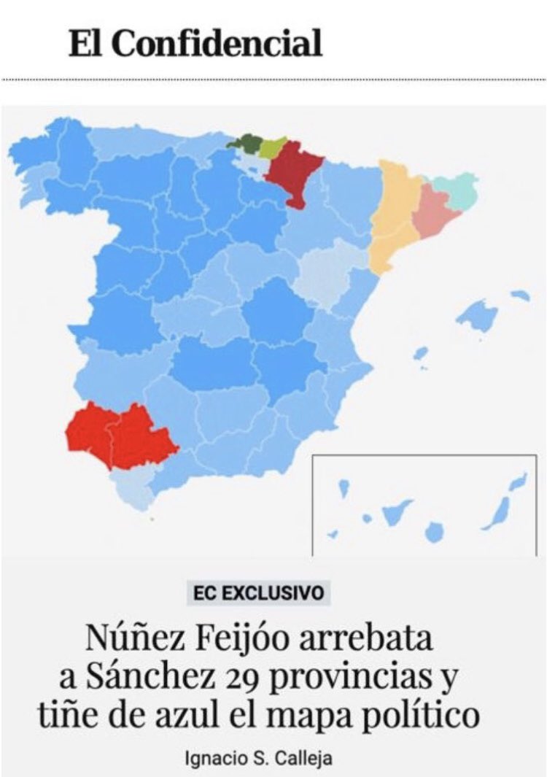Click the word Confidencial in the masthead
tap(218, 45)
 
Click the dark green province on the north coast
tap(244, 144)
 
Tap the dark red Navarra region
tap(292, 172)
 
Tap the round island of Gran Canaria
tap(435, 531)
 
